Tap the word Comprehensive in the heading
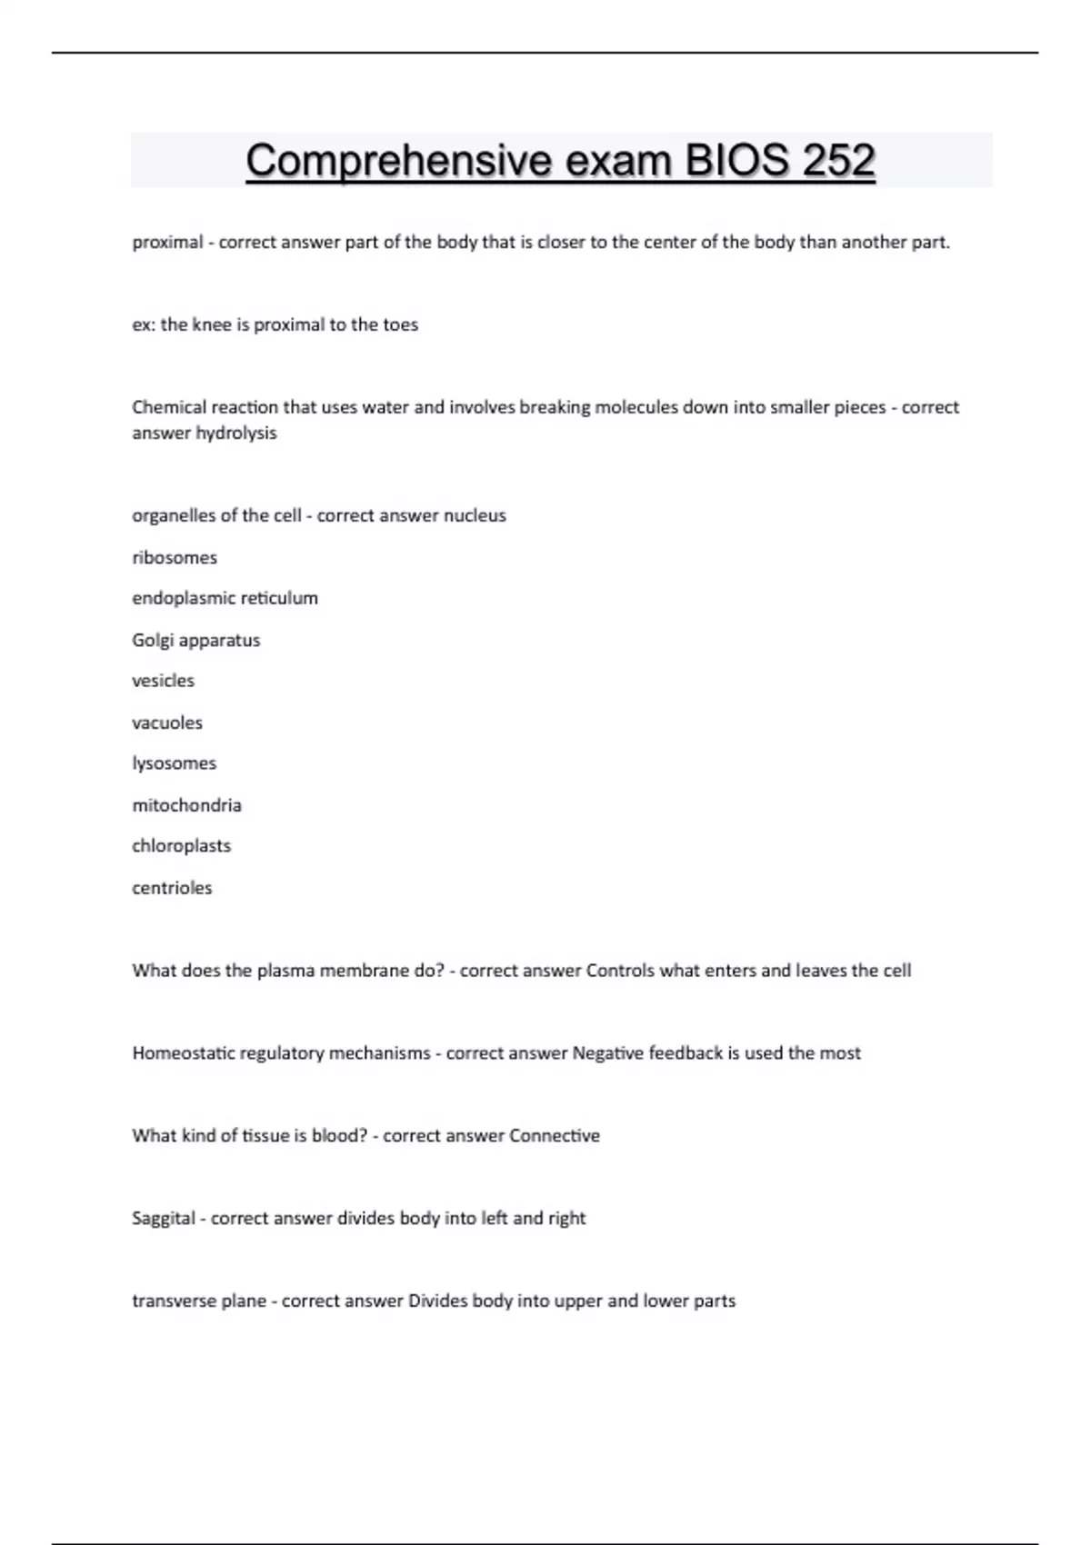point(398,161)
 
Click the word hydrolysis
point(236,434)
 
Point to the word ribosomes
point(175,557)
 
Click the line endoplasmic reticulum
point(225,598)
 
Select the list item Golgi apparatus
point(195,640)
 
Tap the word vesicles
point(163,681)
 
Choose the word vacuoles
point(167,723)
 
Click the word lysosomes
point(174,763)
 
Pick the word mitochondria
point(186,805)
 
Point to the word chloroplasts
point(181,846)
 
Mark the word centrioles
point(172,888)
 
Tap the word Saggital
point(163,1218)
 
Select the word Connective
point(554,1135)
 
